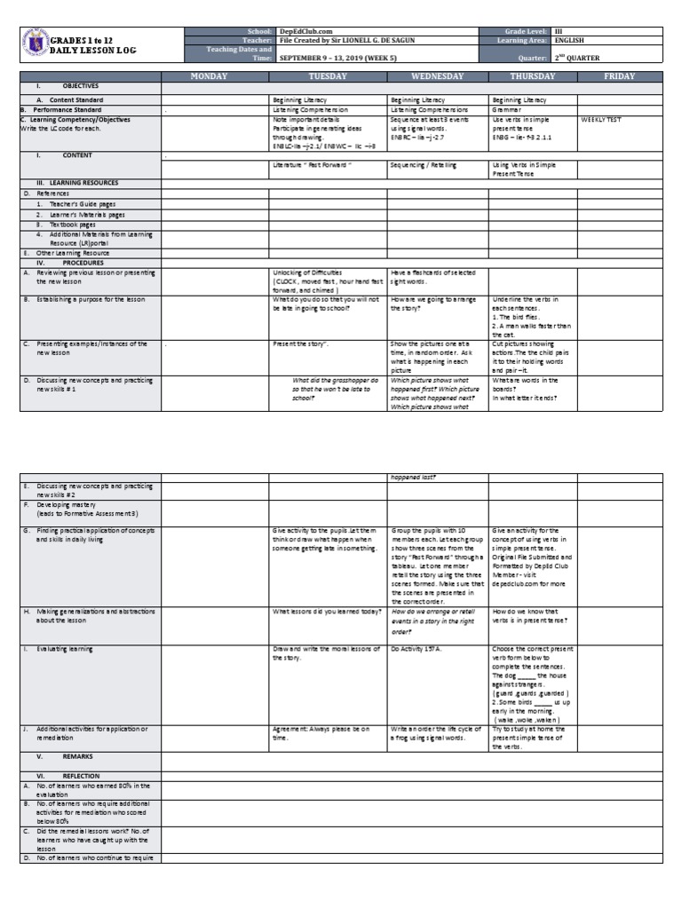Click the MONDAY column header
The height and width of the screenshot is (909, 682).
click(x=214, y=76)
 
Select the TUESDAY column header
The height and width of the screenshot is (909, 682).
click(x=328, y=76)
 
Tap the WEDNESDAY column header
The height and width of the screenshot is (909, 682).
click(x=437, y=76)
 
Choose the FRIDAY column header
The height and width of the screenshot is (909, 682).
click(x=619, y=76)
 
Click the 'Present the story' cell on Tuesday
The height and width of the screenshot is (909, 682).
click(x=303, y=344)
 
